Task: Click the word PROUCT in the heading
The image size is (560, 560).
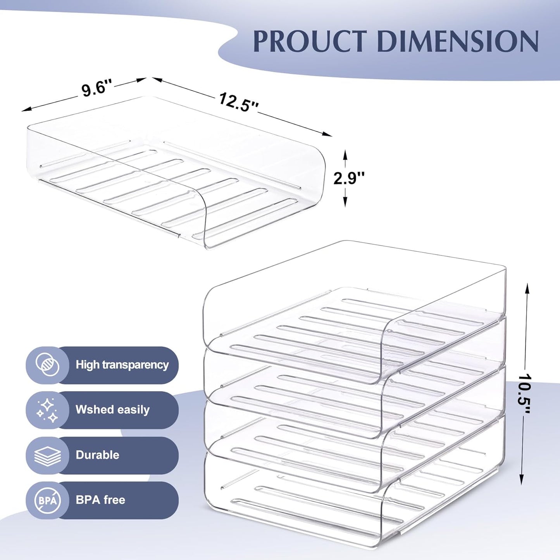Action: pos(310,41)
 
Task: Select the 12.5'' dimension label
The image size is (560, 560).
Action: pos(238,103)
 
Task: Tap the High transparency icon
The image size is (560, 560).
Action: pos(47,365)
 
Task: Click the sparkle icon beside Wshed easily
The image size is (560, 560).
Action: pos(47,410)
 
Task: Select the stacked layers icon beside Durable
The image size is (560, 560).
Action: pos(47,455)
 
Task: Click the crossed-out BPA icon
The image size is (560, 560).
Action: pos(47,500)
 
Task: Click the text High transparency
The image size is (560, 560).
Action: pos(122,365)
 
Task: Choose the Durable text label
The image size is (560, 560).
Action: pos(97,455)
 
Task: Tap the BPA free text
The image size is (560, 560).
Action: pos(100,500)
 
